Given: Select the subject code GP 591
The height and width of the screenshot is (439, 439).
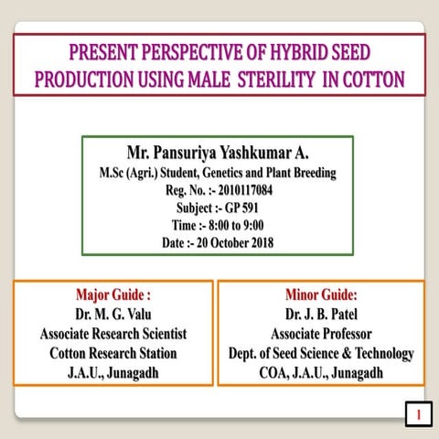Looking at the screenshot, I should click(240, 208).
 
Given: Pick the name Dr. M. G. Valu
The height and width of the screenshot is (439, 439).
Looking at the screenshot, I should click(112, 315).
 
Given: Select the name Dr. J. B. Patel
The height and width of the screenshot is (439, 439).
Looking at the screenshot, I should click(321, 315).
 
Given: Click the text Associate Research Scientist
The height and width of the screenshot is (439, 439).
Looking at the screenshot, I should click(112, 334).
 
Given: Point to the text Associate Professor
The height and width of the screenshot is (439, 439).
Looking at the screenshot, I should click(321, 334).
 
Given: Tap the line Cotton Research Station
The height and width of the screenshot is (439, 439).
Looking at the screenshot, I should click(112, 353).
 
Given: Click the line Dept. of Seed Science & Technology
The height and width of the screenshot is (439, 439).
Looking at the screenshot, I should click(321, 353).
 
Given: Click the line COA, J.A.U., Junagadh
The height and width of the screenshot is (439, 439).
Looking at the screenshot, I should click(321, 373).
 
